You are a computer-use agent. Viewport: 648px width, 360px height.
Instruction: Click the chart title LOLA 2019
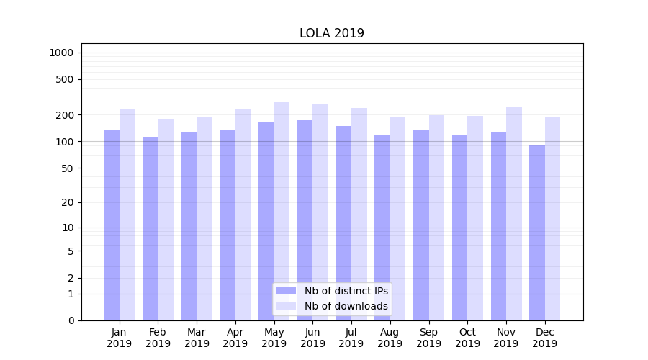[332, 34]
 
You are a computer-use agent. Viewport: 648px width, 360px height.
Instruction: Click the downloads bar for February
[166, 220]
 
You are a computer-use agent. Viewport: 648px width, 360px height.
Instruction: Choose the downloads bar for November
[514, 214]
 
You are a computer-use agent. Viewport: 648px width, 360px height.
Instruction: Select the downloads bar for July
[359, 214]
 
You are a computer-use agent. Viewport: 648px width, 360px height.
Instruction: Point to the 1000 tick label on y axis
[61, 53]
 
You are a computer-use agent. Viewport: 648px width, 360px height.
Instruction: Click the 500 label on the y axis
[66, 79]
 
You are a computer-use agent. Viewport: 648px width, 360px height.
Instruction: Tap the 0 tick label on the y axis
[71, 320]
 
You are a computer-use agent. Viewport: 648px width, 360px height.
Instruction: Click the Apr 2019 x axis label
[235, 338]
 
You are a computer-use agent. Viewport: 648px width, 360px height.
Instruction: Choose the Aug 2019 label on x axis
[390, 338]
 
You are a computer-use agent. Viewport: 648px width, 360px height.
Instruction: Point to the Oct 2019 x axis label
[467, 338]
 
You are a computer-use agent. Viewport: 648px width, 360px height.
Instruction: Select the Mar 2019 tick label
[197, 338]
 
